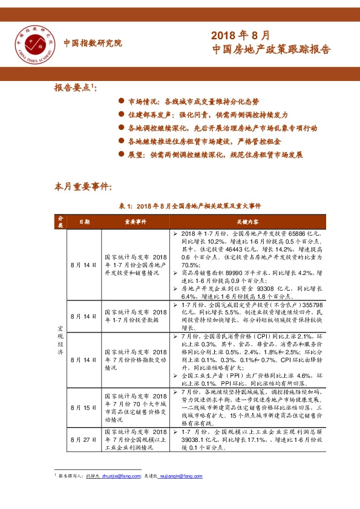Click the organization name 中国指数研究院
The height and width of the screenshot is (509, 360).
pos(93,43)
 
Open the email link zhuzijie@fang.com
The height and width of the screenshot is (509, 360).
pos(119,476)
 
